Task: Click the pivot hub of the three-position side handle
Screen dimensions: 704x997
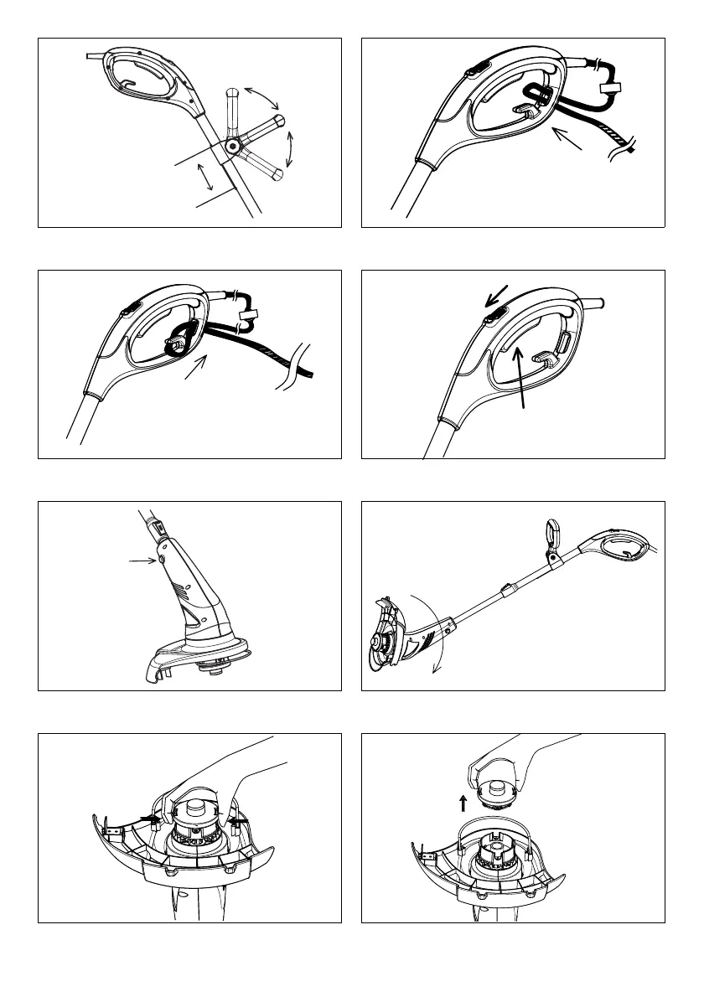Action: tap(232, 146)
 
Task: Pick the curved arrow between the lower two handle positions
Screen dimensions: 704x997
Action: tap(292, 149)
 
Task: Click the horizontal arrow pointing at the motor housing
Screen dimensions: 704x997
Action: tap(137, 561)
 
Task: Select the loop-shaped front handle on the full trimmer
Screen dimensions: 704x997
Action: tap(553, 535)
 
